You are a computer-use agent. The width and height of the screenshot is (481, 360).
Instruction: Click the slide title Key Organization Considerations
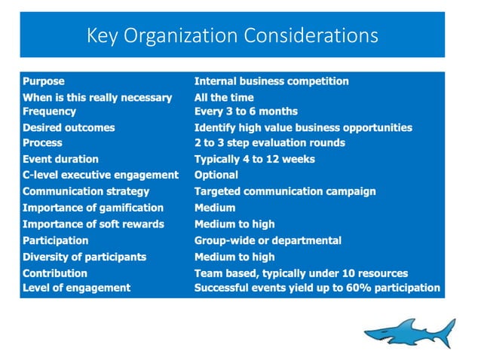point(232,35)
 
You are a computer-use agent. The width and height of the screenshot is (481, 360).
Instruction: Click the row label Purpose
point(44,81)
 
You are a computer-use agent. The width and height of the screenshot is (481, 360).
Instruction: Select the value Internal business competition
point(271,81)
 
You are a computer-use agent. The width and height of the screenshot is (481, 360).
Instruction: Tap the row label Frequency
point(50,111)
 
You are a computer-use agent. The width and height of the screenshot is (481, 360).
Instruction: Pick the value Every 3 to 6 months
point(246,111)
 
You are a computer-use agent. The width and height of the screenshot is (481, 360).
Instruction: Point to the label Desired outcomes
point(69,128)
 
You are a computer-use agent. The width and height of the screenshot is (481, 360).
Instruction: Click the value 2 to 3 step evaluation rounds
point(269,142)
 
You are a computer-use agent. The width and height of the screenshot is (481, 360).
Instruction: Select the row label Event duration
point(60,160)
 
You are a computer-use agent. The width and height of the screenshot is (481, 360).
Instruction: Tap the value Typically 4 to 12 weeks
point(254,160)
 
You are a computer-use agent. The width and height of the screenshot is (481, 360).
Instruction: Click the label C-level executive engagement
point(100,175)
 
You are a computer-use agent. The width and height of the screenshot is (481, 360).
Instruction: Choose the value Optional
point(216,175)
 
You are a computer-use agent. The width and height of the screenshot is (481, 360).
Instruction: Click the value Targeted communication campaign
point(285,191)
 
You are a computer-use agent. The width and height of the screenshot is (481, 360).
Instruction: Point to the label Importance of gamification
point(93,208)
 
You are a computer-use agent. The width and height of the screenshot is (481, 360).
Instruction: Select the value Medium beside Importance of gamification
point(215,208)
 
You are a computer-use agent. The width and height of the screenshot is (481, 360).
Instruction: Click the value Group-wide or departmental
point(268,241)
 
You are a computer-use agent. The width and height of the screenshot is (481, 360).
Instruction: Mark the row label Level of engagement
point(76,288)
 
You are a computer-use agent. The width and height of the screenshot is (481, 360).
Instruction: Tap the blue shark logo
point(409,331)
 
